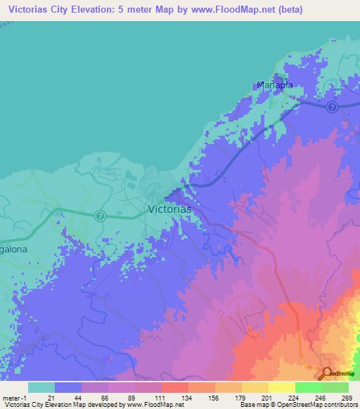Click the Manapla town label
click(x=274, y=86)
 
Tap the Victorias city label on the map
click(x=169, y=209)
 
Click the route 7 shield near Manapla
click(x=332, y=106)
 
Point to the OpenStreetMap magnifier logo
click(x=327, y=373)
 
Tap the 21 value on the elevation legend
click(x=51, y=397)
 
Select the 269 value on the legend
click(x=345, y=397)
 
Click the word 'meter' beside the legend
click(x=11, y=397)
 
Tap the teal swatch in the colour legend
click(x=41, y=387)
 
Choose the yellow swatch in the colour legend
click(x=281, y=387)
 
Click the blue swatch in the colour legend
click(x=68, y=387)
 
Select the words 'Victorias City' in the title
click(x=39, y=10)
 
